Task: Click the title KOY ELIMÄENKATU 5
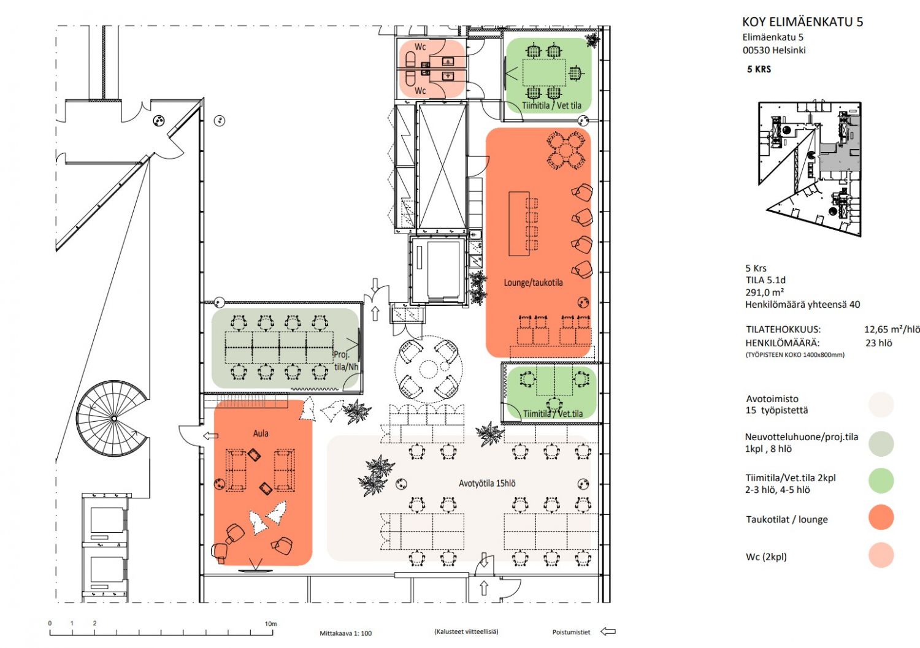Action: tap(802, 22)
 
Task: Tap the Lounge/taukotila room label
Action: tap(533, 283)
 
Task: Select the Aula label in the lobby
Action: tap(261, 433)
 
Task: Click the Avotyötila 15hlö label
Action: tap(487, 484)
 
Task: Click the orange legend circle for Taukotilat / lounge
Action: tap(881, 518)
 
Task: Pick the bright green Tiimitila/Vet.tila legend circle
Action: tap(881, 481)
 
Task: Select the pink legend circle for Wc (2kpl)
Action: tap(881, 555)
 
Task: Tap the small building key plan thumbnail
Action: tap(810, 169)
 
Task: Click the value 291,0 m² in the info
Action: tap(764, 292)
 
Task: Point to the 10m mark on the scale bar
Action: tap(270, 623)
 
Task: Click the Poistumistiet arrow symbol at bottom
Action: tap(607, 631)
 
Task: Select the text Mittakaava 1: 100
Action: tap(345, 633)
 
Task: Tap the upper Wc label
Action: tap(420, 47)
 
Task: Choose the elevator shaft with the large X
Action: tap(442, 166)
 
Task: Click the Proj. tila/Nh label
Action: tap(346, 360)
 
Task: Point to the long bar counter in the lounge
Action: tap(518, 223)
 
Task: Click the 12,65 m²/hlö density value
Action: tap(891, 329)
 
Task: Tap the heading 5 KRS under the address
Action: tap(759, 69)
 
